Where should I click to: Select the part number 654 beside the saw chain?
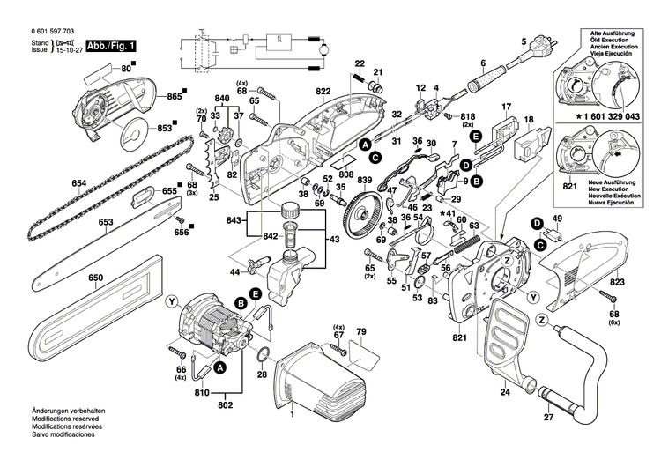[x=79, y=183]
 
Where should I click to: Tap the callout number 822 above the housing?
[x=298, y=92]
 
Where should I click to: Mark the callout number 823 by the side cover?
[x=615, y=282]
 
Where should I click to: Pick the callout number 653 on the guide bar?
[x=106, y=223]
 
